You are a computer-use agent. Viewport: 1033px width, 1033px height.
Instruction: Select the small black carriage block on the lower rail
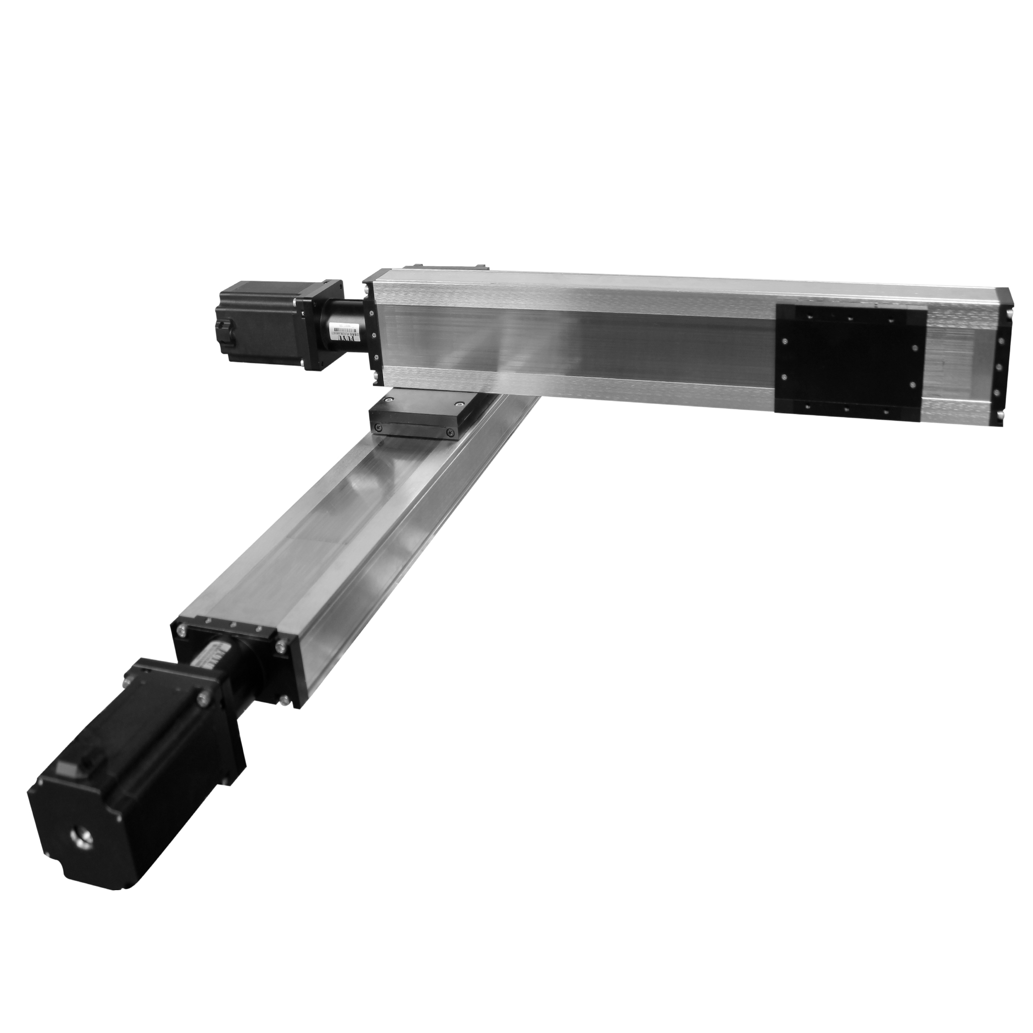click(415, 417)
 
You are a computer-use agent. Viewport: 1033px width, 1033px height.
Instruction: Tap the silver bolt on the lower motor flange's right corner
click(204, 697)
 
